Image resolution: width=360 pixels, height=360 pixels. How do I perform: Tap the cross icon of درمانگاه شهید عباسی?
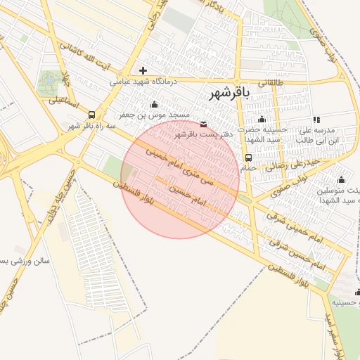(x=143, y=70)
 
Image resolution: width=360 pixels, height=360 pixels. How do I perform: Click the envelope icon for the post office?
(x=204, y=124)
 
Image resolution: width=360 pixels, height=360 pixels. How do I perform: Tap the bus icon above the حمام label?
(x=248, y=157)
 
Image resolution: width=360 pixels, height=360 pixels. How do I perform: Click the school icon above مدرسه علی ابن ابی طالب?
(x=316, y=120)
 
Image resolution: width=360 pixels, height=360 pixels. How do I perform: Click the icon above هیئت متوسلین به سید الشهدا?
(x=342, y=179)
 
